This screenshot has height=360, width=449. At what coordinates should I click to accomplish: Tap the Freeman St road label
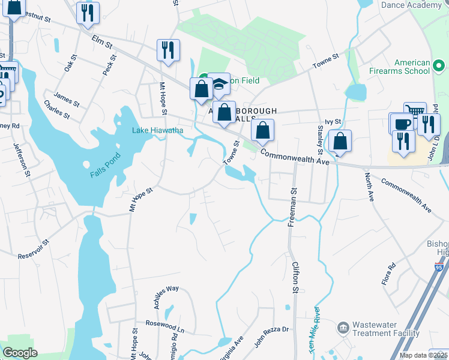coord(293,208)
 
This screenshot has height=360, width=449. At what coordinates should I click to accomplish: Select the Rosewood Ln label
coord(164,327)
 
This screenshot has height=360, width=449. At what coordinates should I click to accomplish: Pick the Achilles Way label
coord(166,289)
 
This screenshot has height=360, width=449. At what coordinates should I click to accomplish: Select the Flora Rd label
coord(388,274)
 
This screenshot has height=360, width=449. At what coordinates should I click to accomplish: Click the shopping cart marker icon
coord(415,111)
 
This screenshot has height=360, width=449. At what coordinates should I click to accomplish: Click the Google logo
coord(20,353)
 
